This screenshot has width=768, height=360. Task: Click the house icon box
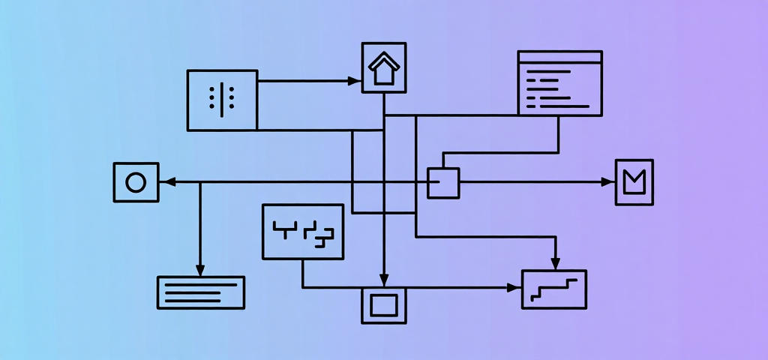[383, 67]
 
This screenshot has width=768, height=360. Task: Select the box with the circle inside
[136, 182]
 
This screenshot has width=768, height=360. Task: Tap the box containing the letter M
[634, 182]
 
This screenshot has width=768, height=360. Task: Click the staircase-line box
[554, 289]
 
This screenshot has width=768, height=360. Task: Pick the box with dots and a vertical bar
[222, 100]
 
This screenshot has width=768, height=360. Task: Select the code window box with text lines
[559, 83]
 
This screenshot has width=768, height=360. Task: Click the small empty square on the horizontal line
[443, 182]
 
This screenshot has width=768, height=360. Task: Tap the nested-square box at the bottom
[383, 305]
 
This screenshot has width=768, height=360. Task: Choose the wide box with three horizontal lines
[200, 292]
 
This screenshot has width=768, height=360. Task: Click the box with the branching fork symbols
[303, 232]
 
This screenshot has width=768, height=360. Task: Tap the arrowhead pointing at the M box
[608, 182]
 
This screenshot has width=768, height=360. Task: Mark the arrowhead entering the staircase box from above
[555, 263]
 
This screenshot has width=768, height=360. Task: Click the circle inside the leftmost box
[136, 182]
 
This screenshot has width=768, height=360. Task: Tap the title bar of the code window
[559, 57]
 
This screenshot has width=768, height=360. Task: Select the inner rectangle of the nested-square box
[383, 305]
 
